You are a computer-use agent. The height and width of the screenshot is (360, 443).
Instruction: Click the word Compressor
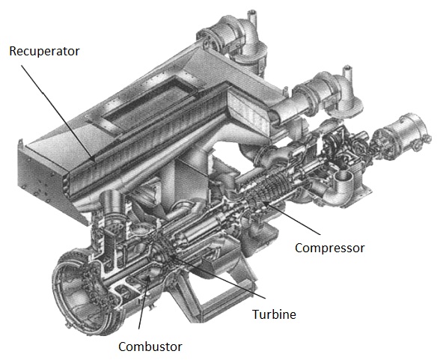click(329, 248)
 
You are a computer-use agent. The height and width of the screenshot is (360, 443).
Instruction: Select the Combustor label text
click(150, 347)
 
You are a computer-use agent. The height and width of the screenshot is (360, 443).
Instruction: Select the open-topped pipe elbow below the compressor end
click(343, 184)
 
